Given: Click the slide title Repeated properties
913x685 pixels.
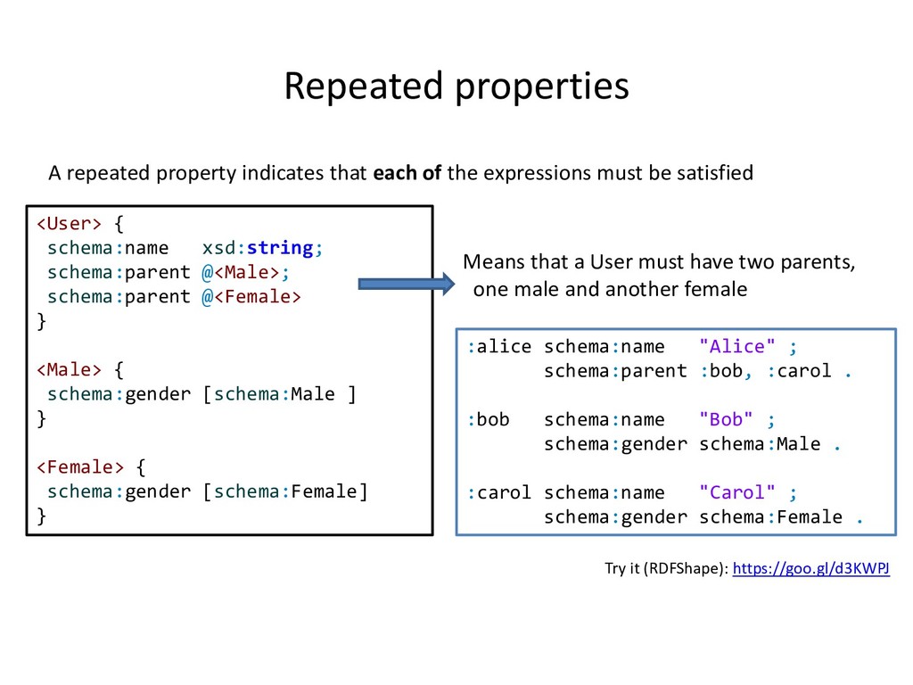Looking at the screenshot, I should [456, 87].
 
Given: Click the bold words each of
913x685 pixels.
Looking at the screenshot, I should [407, 173].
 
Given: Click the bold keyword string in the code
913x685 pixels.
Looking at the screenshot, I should [280, 247].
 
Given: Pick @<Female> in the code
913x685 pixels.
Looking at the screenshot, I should [251, 296].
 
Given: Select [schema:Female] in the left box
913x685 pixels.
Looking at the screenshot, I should [284, 491].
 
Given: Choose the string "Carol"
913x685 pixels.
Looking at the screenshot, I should [737, 492].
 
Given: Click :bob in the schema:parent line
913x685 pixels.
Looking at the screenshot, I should [720, 371].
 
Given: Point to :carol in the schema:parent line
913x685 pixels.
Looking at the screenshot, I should [799, 371].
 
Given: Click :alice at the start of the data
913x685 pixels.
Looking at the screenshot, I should [499, 347].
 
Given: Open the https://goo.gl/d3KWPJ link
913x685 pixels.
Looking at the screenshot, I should [810, 568].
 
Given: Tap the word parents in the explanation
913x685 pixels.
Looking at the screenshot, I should [815, 263].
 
